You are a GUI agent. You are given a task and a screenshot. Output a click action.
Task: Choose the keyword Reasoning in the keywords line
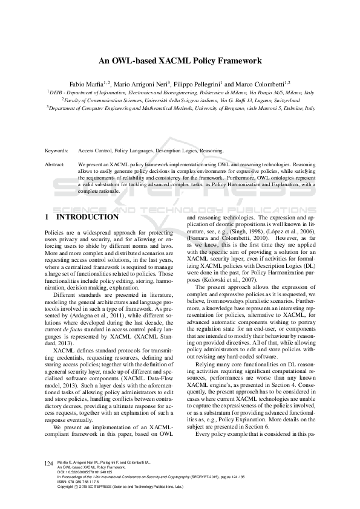click(212, 151)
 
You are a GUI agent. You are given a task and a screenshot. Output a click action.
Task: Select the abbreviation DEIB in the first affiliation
click(56, 92)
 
